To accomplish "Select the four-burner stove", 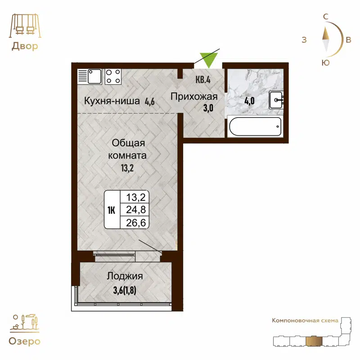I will tap(113, 76).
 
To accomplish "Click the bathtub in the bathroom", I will tap(255, 126).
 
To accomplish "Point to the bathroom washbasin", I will tap(276, 99).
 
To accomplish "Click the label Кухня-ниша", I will tap(112, 101).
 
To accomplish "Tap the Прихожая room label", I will tap(194, 97).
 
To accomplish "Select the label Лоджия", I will tap(125, 276).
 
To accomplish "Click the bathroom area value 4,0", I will tap(249, 100).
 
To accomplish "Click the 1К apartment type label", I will tap(112, 209).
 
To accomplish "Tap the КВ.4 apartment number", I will tap(203, 80).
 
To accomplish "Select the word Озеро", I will tap(24, 341).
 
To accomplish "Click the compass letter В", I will tap(348, 40).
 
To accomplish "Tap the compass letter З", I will tap(304, 40).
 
